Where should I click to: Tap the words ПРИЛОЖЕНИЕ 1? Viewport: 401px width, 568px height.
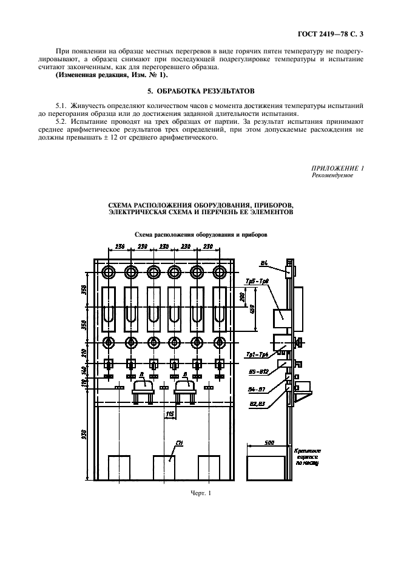coord(338,167)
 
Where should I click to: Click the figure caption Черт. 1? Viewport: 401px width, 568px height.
coord(200,493)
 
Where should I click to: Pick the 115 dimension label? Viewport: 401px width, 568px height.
coord(170,414)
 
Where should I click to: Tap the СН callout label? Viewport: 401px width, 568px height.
coord(178,444)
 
